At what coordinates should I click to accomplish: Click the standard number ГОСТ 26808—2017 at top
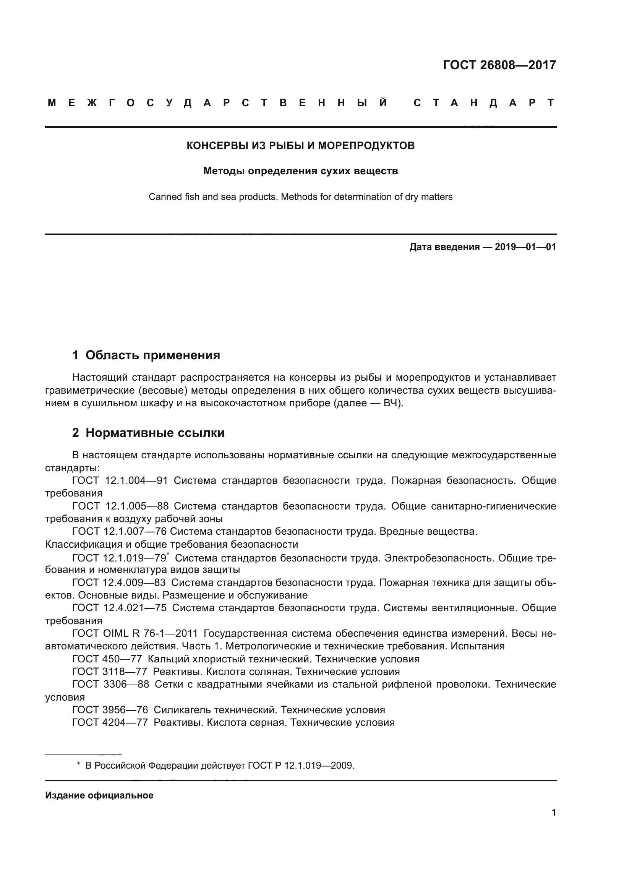(499, 65)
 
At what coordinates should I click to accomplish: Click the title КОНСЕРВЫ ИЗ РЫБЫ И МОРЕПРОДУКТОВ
(300, 146)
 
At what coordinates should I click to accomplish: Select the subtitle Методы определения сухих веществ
(300, 171)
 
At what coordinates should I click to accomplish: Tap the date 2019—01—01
(525, 247)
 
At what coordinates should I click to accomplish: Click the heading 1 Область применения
(146, 355)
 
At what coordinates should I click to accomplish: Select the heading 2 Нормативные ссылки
(148, 433)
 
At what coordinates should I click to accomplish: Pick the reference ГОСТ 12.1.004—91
(120, 480)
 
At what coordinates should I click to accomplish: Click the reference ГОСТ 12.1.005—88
(120, 506)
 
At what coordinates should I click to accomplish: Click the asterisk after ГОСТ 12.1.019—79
(168, 554)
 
